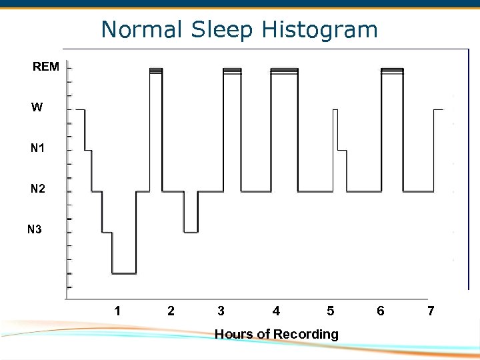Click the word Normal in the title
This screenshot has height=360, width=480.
(141, 30)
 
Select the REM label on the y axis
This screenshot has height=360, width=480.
(46, 67)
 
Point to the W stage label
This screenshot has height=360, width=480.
(37, 107)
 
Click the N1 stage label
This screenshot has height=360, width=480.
(38, 148)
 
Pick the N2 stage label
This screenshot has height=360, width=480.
(38, 189)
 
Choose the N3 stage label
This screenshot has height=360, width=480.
(35, 230)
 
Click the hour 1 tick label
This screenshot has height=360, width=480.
(117, 311)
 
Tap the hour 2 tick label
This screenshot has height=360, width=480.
(171, 311)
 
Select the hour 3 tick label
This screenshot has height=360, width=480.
(221, 311)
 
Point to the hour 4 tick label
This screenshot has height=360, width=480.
(277, 311)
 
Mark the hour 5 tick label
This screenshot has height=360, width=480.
(331, 311)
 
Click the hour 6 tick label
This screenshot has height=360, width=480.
(381, 311)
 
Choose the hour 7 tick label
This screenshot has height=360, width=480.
(431, 311)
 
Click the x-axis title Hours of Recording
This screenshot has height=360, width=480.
(277, 334)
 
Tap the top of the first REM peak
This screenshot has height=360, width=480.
(156, 69)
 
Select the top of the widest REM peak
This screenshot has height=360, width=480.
(285, 69)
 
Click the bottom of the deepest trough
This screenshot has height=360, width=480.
(124, 273)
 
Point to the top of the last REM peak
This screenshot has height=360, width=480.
(393, 69)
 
